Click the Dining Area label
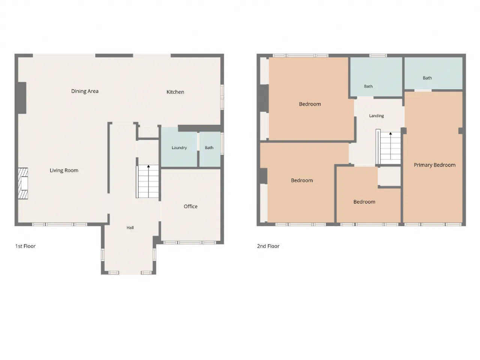click(x=85, y=91)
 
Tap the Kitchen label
click(x=175, y=92)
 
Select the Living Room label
click(x=64, y=170)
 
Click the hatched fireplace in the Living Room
click(x=23, y=183)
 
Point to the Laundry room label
click(x=179, y=148)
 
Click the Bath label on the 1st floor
click(x=209, y=148)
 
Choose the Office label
click(x=190, y=206)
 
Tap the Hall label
click(x=130, y=228)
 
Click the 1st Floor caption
click(x=25, y=246)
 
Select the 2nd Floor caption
click(x=268, y=246)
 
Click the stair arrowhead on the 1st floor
click(x=148, y=166)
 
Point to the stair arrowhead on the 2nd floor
click(x=390, y=133)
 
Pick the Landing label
click(x=376, y=116)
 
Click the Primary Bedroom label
click(x=435, y=165)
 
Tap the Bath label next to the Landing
click(x=368, y=86)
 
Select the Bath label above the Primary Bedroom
click(x=427, y=78)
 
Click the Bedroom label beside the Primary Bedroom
click(x=364, y=202)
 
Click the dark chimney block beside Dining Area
click(x=22, y=98)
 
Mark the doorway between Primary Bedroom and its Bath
click(x=423, y=90)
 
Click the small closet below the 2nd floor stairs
click(x=390, y=176)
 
